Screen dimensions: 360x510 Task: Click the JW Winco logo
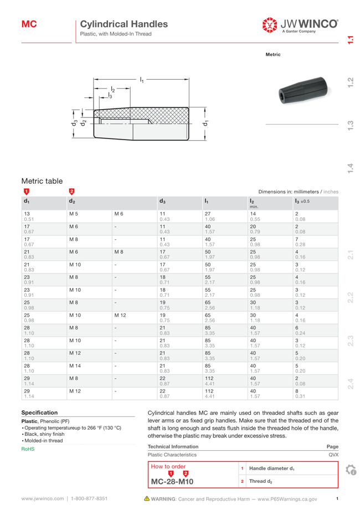tap(300, 25)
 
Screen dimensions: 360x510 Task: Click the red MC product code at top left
tap(29, 24)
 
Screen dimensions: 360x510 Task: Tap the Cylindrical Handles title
tap(124, 24)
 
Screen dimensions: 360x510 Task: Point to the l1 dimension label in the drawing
tap(141, 79)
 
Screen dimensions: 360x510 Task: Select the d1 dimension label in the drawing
tap(205, 123)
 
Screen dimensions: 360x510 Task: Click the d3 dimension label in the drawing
tap(74, 122)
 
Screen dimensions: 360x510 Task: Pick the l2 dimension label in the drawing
tap(113, 89)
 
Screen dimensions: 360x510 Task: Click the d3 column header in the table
tap(162, 202)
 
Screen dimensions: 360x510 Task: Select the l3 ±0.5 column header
tap(302, 202)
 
